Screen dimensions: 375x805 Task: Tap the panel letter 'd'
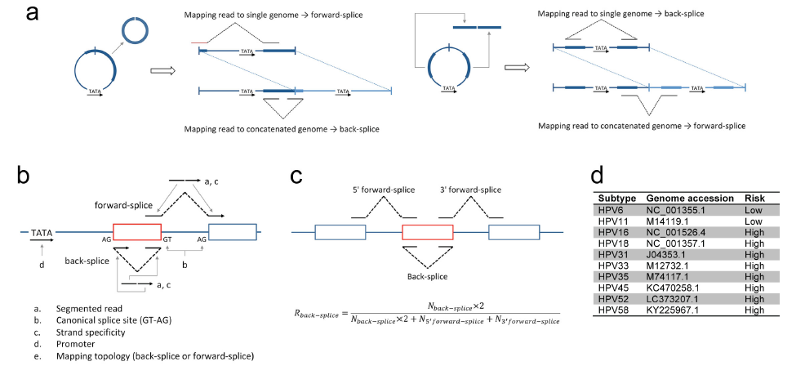click(598, 175)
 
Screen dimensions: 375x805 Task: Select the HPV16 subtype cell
click(612, 233)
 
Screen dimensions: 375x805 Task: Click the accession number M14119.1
click(668, 221)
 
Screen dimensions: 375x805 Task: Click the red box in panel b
click(137, 231)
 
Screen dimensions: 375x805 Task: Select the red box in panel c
click(427, 232)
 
